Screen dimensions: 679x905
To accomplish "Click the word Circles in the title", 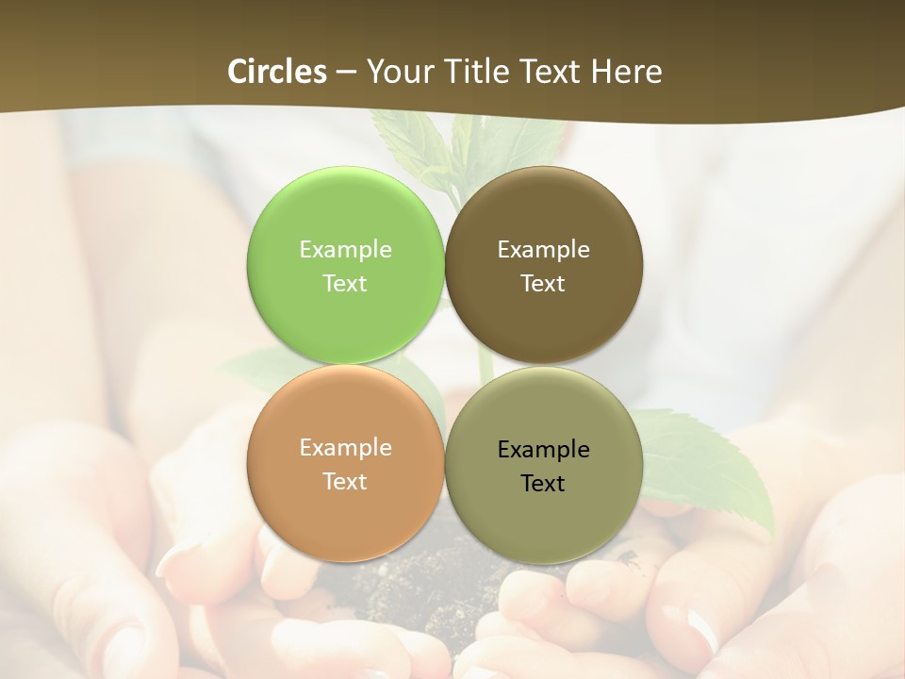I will (x=277, y=72).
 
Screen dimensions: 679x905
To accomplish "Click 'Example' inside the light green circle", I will (x=345, y=249).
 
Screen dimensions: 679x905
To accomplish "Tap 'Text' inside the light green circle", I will (x=345, y=283).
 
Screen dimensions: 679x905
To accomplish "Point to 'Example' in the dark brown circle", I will (x=544, y=249).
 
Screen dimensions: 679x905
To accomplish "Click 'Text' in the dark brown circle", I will (x=544, y=283).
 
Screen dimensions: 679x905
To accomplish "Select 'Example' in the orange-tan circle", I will (x=345, y=447).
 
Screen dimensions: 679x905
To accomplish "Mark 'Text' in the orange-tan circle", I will (x=345, y=481).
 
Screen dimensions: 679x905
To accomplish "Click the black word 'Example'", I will (x=544, y=449).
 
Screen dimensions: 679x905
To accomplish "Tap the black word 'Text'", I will (x=544, y=483).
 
